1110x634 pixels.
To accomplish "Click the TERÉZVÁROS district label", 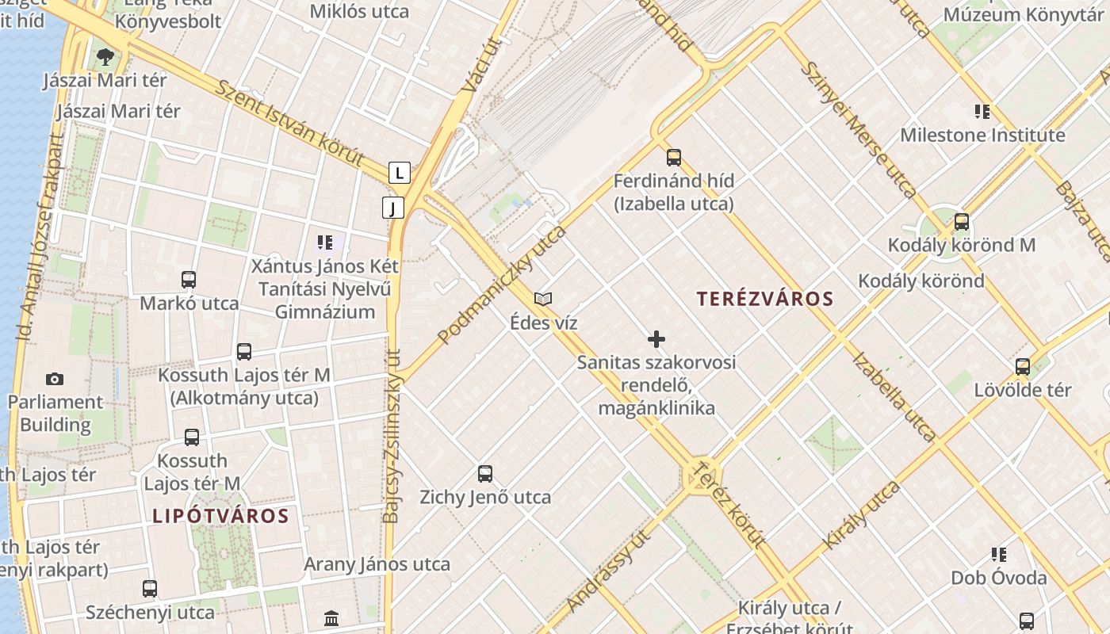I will tap(765, 299).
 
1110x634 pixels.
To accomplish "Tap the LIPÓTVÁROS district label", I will tap(220, 516).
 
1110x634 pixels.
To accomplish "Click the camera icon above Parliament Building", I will tap(55, 379).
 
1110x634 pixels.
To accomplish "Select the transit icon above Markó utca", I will tap(189, 280).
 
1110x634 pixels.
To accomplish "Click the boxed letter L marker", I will tap(399, 172).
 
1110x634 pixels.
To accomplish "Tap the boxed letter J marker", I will tap(393, 208).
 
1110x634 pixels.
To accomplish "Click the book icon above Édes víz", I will tap(543, 299).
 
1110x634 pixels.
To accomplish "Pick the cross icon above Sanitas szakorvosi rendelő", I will tap(656, 339).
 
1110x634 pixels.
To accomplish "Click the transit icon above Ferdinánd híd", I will tap(674, 157).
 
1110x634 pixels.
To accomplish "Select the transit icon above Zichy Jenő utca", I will tap(485, 474).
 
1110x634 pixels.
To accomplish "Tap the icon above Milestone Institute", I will tap(982, 112).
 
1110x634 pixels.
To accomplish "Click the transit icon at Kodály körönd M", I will tap(962, 222).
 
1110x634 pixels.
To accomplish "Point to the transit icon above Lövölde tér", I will tap(1023, 366).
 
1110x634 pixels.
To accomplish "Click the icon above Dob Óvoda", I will tap(999, 555).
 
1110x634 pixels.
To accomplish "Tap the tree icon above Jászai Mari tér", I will tap(105, 56).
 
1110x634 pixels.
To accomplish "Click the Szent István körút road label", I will tap(290, 122).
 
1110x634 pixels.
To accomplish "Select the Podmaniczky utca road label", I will tap(502, 285).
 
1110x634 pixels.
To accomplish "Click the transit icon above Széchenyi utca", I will tap(150, 589).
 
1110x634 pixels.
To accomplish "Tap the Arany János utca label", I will tap(377, 564).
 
